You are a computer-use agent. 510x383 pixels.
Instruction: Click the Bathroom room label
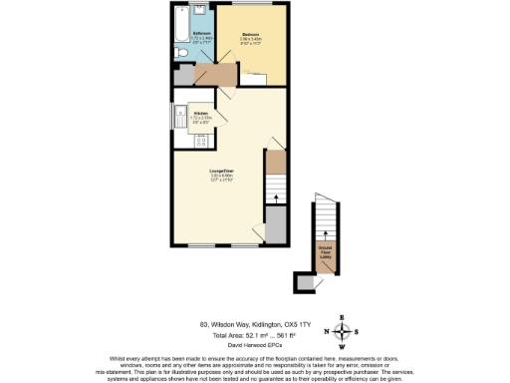pyautogui.click(x=201, y=35)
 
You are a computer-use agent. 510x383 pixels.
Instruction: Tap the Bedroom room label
pyautogui.click(x=251, y=36)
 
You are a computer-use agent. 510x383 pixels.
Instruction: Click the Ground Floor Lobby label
pyautogui.click(x=326, y=250)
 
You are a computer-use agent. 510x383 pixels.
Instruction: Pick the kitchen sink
pyautogui.click(x=180, y=122)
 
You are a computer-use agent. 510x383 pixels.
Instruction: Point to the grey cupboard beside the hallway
pyautogui.click(x=183, y=76)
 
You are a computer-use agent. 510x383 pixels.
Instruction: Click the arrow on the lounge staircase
pyautogui.click(x=276, y=200)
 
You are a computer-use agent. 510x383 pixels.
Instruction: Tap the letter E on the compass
pyautogui.click(x=343, y=317)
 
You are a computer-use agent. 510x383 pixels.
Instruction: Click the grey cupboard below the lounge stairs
pyautogui.click(x=276, y=226)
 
